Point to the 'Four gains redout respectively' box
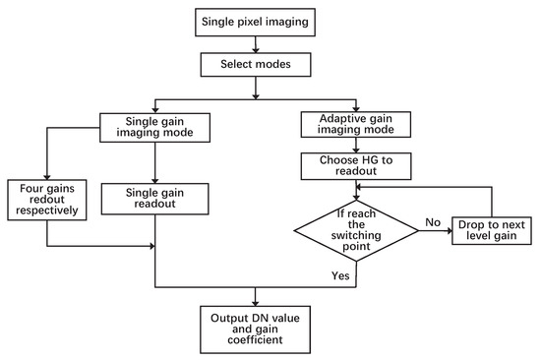(45, 198)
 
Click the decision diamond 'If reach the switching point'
(357, 227)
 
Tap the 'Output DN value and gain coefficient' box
(257, 329)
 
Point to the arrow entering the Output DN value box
(257, 296)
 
